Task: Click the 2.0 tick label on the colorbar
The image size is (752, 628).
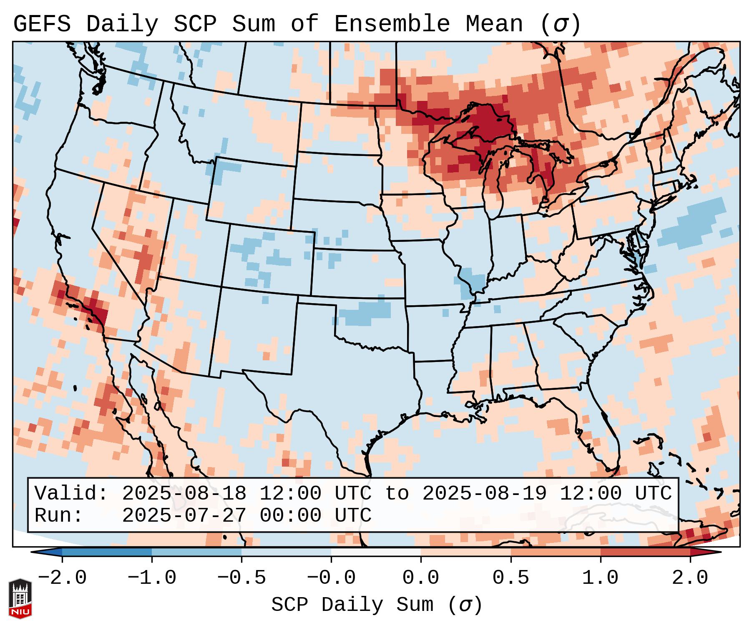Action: click(x=690, y=578)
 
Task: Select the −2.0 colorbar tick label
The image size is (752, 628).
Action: click(x=62, y=578)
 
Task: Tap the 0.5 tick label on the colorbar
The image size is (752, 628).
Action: click(x=511, y=578)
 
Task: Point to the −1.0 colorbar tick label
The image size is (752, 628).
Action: click(x=152, y=578)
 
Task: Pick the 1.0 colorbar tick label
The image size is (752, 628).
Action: click(x=600, y=578)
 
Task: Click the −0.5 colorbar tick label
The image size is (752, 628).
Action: click(x=241, y=578)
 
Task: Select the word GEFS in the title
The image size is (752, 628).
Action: click(x=42, y=24)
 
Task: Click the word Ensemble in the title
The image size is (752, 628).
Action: click(x=392, y=24)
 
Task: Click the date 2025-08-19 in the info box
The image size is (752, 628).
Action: click(x=485, y=493)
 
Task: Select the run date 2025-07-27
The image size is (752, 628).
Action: click(x=184, y=515)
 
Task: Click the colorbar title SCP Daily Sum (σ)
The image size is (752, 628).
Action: click(x=377, y=605)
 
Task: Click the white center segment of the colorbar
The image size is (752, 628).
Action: click(x=376, y=552)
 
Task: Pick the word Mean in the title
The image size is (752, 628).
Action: click(x=494, y=24)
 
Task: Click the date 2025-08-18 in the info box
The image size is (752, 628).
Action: click(x=184, y=493)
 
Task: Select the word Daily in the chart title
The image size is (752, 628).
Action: click(x=122, y=24)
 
